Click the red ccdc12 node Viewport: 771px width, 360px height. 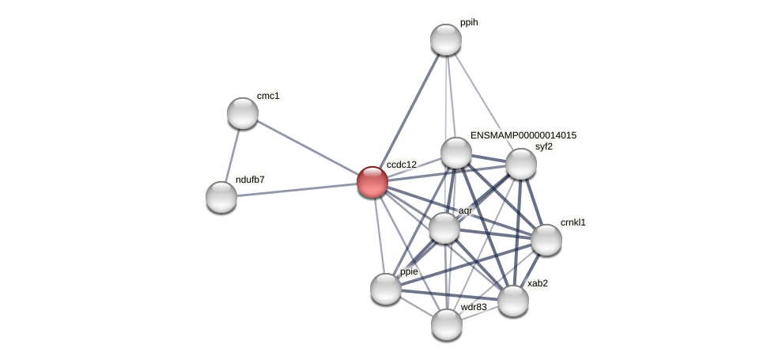click(x=372, y=182)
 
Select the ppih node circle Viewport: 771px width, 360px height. click(x=446, y=40)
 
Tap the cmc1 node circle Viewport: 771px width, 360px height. click(x=243, y=113)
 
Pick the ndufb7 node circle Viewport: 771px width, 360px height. click(x=221, y=197)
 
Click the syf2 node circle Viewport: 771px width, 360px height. click(x=520, y=164)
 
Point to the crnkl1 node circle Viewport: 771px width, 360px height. click(x=546, y=240)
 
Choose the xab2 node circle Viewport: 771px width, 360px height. click(x=512, y=301)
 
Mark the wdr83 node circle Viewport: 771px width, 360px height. click(x=447, y=324)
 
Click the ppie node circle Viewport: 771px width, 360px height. click(x=386, y=289)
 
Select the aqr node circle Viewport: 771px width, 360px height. click(x=444, y=229)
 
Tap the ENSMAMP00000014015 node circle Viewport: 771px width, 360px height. click(x=456, y=153)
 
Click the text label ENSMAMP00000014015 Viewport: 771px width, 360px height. click(x=523, y=135)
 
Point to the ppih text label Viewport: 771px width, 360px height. click(x=469, y=23)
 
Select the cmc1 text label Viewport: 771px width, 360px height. click(x=268, y=96)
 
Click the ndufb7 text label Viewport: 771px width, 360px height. click(x=250, y=180)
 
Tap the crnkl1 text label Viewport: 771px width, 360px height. click(x=573, y=222)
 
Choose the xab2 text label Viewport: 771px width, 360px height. click(x=538, y=283)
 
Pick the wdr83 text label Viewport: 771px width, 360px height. click(x=474, y=307)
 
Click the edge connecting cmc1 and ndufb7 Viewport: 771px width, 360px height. click(x=232, y=155)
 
